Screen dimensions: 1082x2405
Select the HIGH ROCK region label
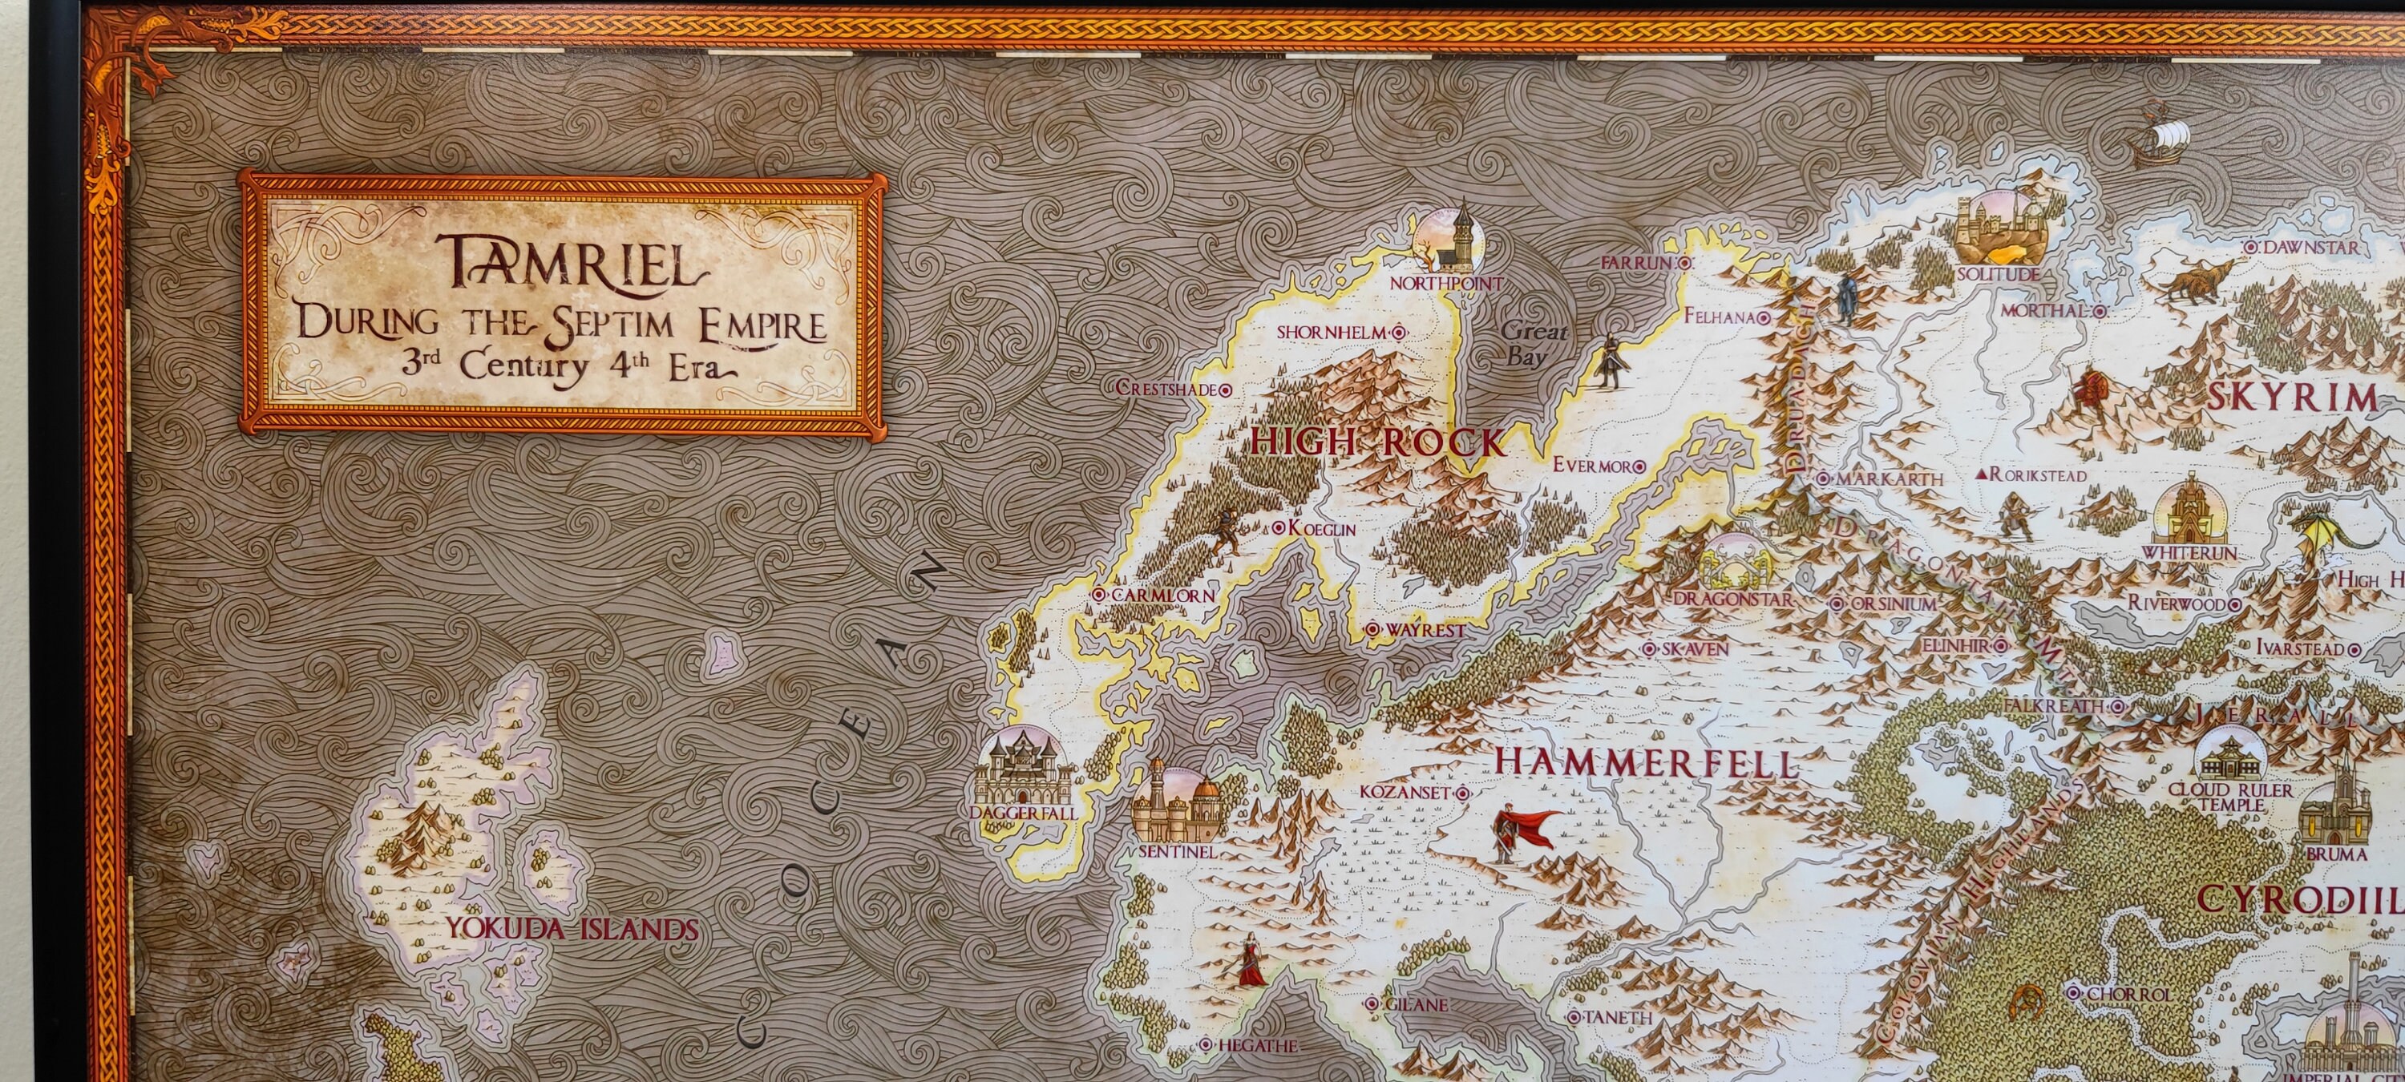click(x=1378, y=442)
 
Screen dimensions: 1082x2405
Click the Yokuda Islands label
click(x=572, y=929)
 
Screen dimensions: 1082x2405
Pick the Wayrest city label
click(x=1425, y=630)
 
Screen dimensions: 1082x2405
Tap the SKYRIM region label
click(x=2293, y=398)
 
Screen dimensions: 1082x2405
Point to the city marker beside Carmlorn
click(x=1100, y=595)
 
